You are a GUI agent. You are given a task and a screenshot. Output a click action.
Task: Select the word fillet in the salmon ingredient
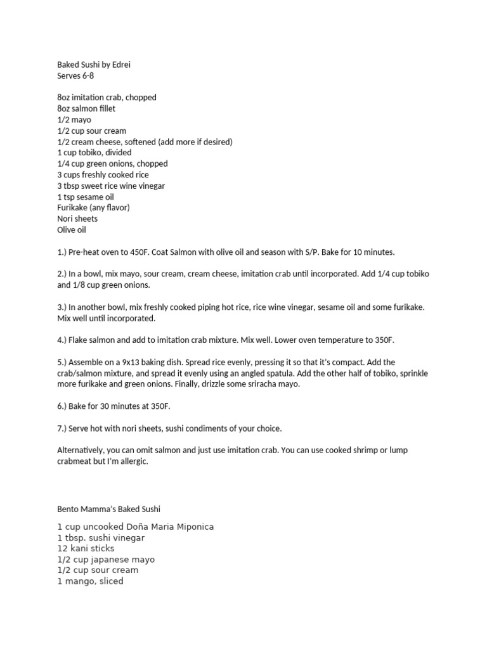pyautogui.click(x=105, y=108)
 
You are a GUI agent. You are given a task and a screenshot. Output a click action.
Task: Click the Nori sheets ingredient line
pyautogui.click(x=77, y=219)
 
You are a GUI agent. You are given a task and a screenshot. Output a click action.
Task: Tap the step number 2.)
pyautogui.click(x=63, y=274)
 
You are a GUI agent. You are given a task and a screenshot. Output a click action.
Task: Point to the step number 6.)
pyautogui.click(x=63, y=406)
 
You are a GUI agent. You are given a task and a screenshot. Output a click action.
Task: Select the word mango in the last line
pyautogui.click(x=79, y=581)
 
